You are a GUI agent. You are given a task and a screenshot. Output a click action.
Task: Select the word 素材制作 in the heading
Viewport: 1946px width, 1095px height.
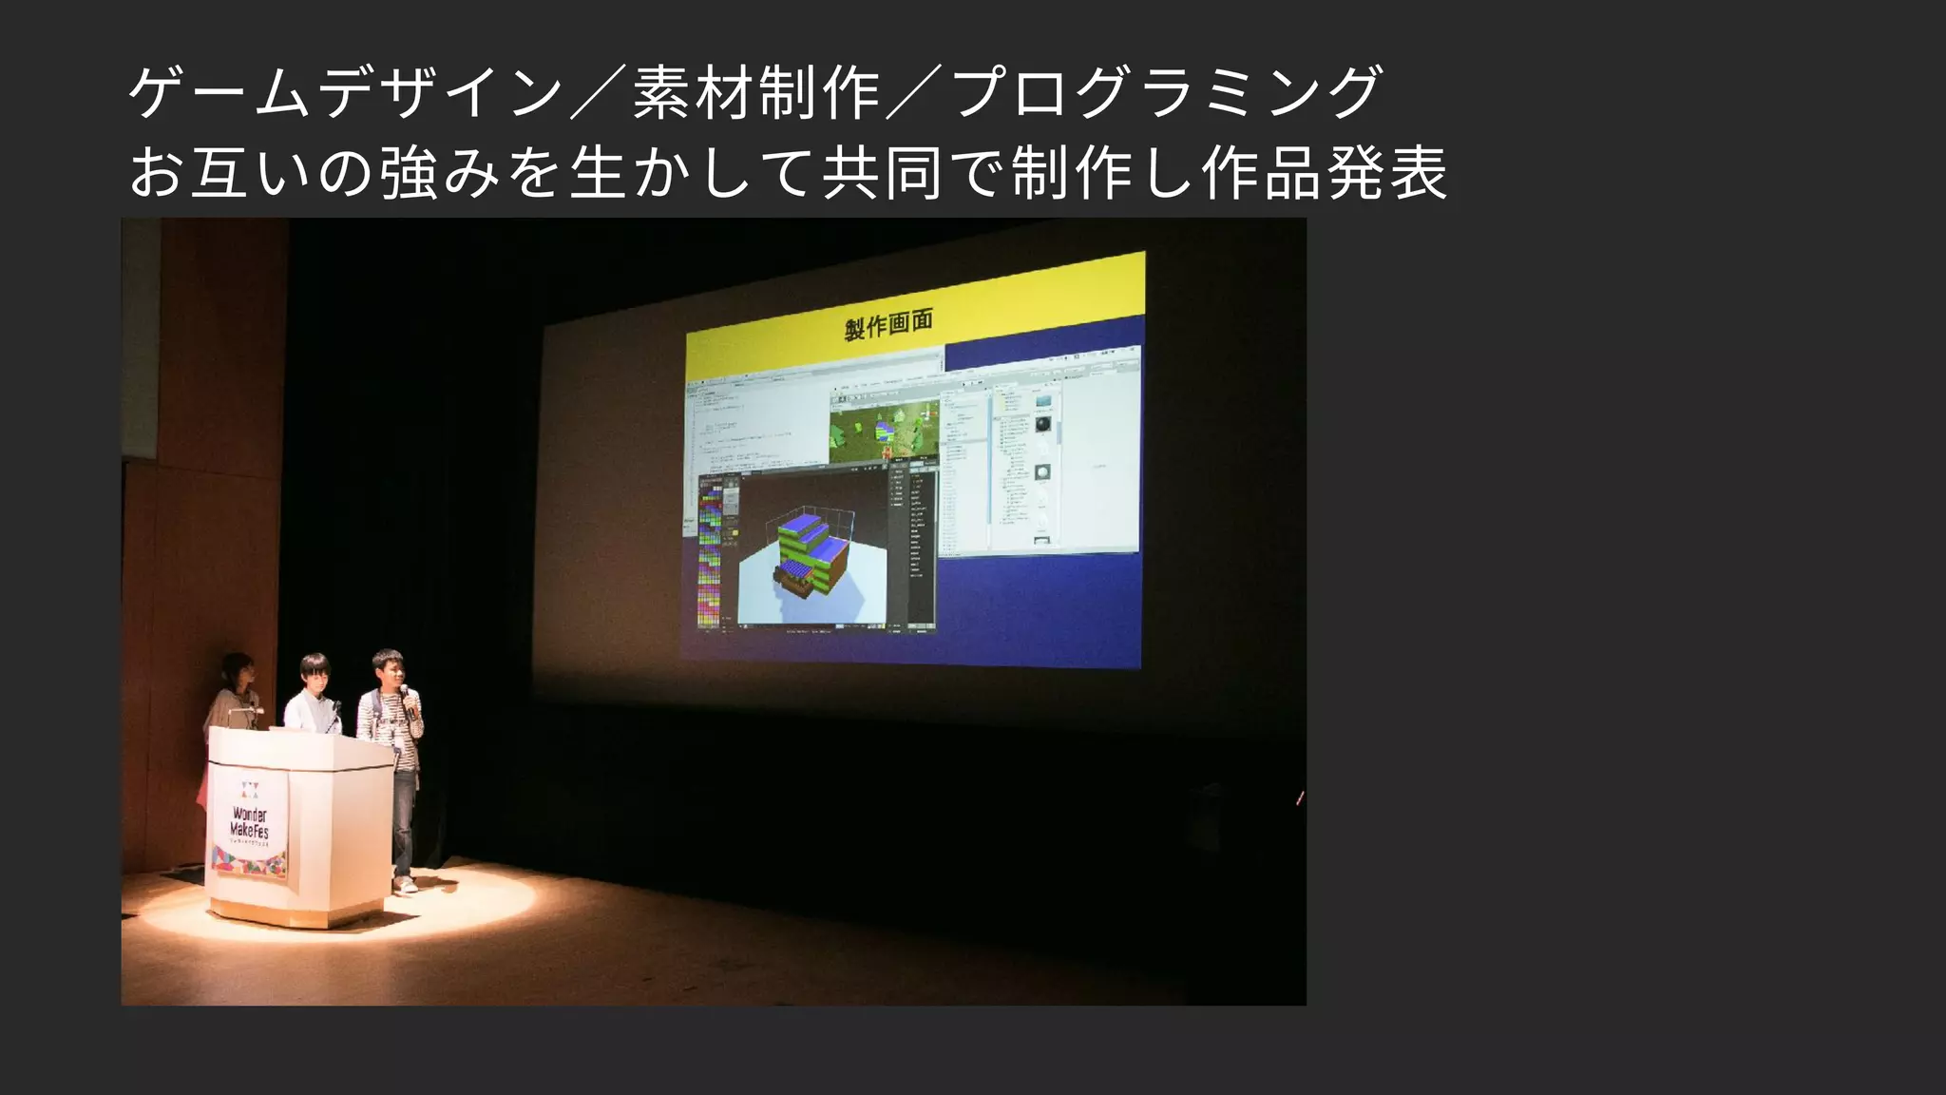[755, 92]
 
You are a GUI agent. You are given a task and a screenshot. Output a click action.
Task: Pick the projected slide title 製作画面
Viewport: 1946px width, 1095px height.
[888, 325]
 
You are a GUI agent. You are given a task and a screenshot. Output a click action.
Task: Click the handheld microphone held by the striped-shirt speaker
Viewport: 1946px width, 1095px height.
[406, 697]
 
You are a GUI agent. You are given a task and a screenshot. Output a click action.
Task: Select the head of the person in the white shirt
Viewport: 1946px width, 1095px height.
[314, 673]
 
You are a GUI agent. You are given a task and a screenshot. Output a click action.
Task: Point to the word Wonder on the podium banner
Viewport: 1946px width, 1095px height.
[250, 814]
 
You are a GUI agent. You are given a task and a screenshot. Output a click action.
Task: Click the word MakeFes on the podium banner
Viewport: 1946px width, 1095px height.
[249, 830]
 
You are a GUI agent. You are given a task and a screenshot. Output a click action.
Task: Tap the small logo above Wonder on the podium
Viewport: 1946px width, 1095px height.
[249, 789]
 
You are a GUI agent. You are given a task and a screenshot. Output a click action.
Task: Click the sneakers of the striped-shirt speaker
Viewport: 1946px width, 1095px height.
[406, 885]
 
